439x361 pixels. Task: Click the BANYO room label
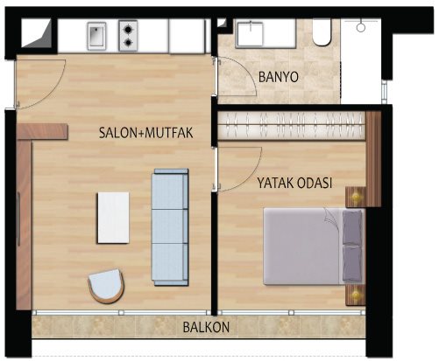coord(279,77)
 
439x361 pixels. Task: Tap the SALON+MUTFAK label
coord(146,133)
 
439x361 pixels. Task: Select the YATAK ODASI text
coord(294,183)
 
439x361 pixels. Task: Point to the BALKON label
coord(206,327)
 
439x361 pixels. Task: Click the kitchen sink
coord(96,36)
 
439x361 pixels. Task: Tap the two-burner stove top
coord(128,36)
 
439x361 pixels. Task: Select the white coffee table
coord(113,218)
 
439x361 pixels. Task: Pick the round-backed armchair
coord(106,286)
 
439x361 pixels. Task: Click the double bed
coord(315,246)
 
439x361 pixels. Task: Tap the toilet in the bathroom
coord(322,32)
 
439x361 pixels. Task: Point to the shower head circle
coord(361,27)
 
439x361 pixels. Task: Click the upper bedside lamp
coord(356,197)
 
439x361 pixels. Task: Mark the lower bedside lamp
coord(356,295)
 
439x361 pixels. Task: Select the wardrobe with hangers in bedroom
coord(291,125)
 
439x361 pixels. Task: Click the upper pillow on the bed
coord(352,226)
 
